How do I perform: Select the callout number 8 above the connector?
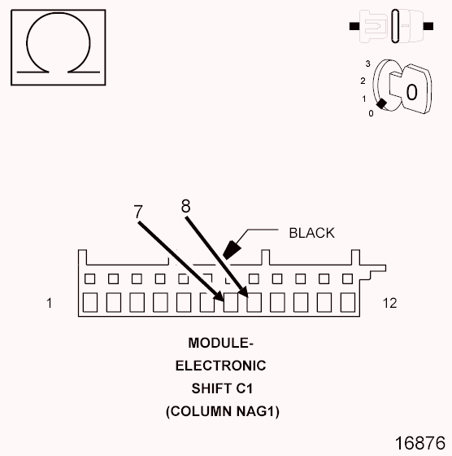(185, 207)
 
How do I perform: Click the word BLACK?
(311, 233)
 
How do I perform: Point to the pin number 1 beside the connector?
(50, 303)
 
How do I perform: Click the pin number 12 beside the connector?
(389, 303)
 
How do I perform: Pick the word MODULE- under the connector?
(220, 343)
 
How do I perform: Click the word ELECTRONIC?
(220, 366)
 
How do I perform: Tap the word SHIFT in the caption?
(210, 388)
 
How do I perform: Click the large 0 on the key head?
(411, 92)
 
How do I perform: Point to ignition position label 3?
(368, 63)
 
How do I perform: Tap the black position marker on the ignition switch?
(381, 103)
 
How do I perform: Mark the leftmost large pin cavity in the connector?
(90, 303)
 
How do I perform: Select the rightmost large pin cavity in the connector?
(349, 303)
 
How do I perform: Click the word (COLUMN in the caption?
(194, 411)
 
